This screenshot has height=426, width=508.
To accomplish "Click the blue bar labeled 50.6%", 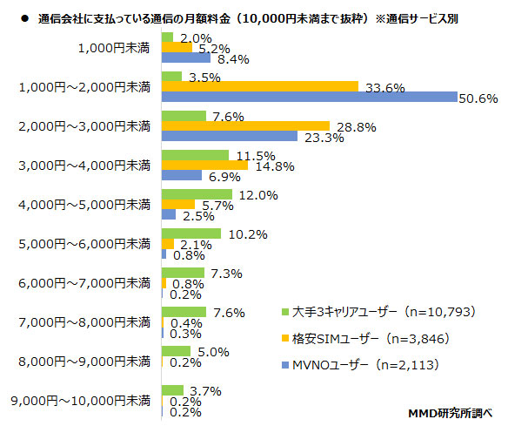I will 309,98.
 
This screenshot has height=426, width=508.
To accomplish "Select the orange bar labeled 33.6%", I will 260,86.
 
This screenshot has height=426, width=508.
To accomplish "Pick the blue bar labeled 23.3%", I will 230,137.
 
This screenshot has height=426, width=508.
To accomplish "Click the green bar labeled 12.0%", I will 197,193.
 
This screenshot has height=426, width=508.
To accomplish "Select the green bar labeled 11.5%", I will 196,155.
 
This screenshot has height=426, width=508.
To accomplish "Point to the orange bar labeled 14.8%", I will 205,166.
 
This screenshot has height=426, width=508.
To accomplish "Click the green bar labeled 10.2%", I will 191,233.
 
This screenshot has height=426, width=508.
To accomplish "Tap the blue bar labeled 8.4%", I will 186,58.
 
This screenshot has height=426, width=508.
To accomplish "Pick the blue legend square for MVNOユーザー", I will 284,363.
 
